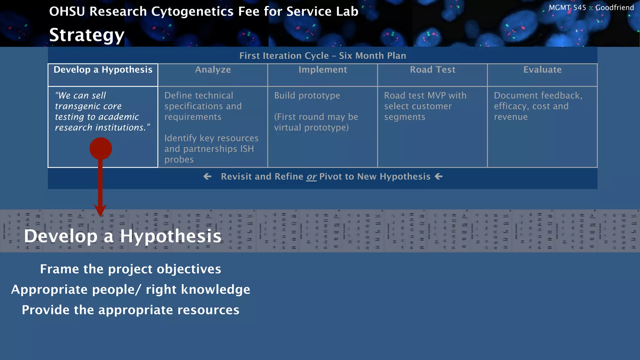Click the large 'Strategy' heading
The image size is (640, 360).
pos(87,35)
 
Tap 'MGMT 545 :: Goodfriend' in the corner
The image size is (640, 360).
pos(591,7)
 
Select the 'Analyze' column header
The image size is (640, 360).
pos(213,70)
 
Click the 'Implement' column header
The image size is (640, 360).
pos(322,70)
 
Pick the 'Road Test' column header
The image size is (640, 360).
pos(432,70)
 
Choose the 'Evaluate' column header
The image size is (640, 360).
pos(542,70)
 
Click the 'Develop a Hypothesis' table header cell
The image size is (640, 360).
pos(103,70)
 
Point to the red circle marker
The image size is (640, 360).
pos(101,149)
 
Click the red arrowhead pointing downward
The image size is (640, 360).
pos(100,210)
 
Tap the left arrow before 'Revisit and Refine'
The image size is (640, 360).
pos(207,177)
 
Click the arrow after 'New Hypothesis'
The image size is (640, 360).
pos(439,177)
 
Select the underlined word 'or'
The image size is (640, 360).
pos(311,177)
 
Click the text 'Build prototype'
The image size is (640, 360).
pos(307,96)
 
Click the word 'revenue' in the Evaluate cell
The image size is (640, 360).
pos(511,117)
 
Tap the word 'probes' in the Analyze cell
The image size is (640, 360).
pos(179,160)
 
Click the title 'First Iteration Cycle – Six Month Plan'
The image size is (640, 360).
pos(322,56)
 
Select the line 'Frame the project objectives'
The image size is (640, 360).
pos(130,269)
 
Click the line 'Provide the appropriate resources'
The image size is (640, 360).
pos(130,310)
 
